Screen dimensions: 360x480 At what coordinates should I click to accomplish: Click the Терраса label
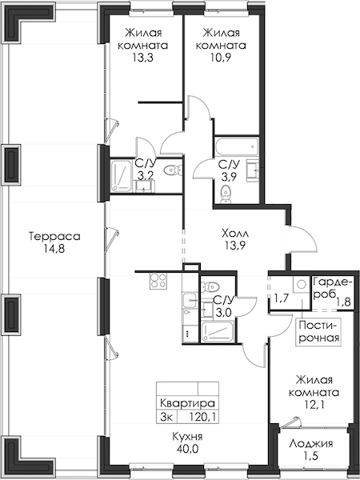[x=54, y=236]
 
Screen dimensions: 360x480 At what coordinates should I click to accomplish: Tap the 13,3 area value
[x=142, y=58]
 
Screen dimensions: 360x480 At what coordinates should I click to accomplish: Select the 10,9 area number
[x=221, y=58]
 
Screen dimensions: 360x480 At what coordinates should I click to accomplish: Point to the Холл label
[x=235, y=234]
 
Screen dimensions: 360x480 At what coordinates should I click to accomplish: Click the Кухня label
[x=187, y=436]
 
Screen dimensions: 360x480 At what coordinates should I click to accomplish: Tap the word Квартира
[x=187, y=403]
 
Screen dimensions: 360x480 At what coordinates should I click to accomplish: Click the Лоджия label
[x=311, y=443]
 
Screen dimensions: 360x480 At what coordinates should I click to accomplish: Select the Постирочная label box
[x=318, y=331]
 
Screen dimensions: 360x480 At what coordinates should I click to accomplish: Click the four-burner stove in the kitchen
[x=158, y=281]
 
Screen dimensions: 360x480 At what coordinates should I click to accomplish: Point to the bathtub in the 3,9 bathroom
[x=236, y=146]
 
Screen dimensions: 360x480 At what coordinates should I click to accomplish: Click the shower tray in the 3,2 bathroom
[x=122, y=176]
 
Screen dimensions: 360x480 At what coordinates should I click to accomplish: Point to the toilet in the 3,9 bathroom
[x=226, y=194]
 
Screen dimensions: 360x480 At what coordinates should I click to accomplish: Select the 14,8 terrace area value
[x=54, y=249]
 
